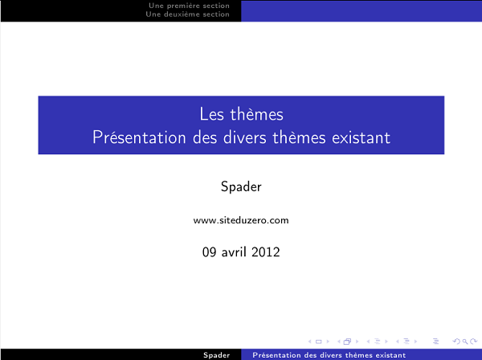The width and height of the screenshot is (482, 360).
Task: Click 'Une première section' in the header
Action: pos(190,6)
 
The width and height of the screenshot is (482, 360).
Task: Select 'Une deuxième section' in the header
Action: pos(190,14)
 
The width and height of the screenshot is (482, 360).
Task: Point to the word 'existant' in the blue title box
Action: pos(361,137)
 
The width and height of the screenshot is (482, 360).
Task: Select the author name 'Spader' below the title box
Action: pos(241,186)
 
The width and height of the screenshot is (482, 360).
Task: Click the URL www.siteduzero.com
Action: pos(241,219)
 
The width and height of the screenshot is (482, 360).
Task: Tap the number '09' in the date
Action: pos(210,252)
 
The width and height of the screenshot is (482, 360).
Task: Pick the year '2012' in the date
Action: pos(265,252)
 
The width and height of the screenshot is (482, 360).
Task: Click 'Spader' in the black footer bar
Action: pos(217,354)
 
